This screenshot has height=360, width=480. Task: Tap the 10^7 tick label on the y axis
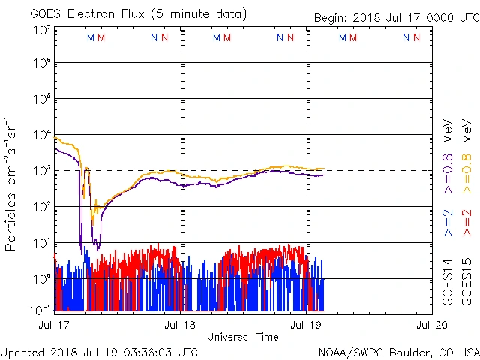pyautogui.click(x=41, y=30)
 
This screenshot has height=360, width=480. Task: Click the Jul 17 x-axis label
pyautogui.click(x=55, y=325)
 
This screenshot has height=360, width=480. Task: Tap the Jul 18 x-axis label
pyautogui.click(x=181, y=325)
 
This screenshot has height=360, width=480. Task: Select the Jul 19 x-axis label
pyautogui.click(x=306, y=325)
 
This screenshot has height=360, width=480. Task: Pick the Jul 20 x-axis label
pyautogui.click(x=431, y=325)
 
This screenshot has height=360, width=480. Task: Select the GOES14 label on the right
pyautogui.click(x=448, y=281)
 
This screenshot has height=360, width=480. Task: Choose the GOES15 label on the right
pyautogui.click(x=466, y=281)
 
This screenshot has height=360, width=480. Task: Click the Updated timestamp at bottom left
pyautogui.click(x=99, y=352)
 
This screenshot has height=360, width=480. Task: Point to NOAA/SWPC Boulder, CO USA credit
pyautogui.click(x=397, y=352)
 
